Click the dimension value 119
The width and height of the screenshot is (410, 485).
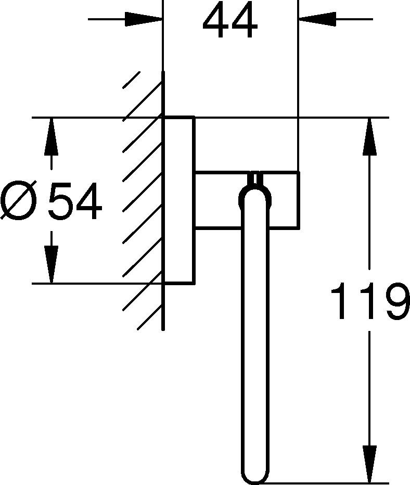370,301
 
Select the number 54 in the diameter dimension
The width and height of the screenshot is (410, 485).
75,201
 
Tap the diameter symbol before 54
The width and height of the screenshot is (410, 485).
19,201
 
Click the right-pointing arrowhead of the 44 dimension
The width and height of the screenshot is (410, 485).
144,19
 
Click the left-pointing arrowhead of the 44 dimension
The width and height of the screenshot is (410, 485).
317,19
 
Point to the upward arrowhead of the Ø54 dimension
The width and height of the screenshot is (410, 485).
52,136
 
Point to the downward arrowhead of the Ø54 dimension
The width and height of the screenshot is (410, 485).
52,264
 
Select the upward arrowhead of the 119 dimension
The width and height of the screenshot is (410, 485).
369,136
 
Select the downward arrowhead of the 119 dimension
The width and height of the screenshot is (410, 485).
369,464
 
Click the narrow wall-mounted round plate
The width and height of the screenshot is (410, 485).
178,200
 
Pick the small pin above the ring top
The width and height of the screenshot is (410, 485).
255,179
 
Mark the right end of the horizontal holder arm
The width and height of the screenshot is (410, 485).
299,200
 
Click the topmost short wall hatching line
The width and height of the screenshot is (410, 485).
132,80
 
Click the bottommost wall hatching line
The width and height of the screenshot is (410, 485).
150,318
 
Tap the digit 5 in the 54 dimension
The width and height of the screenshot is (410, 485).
60,201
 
